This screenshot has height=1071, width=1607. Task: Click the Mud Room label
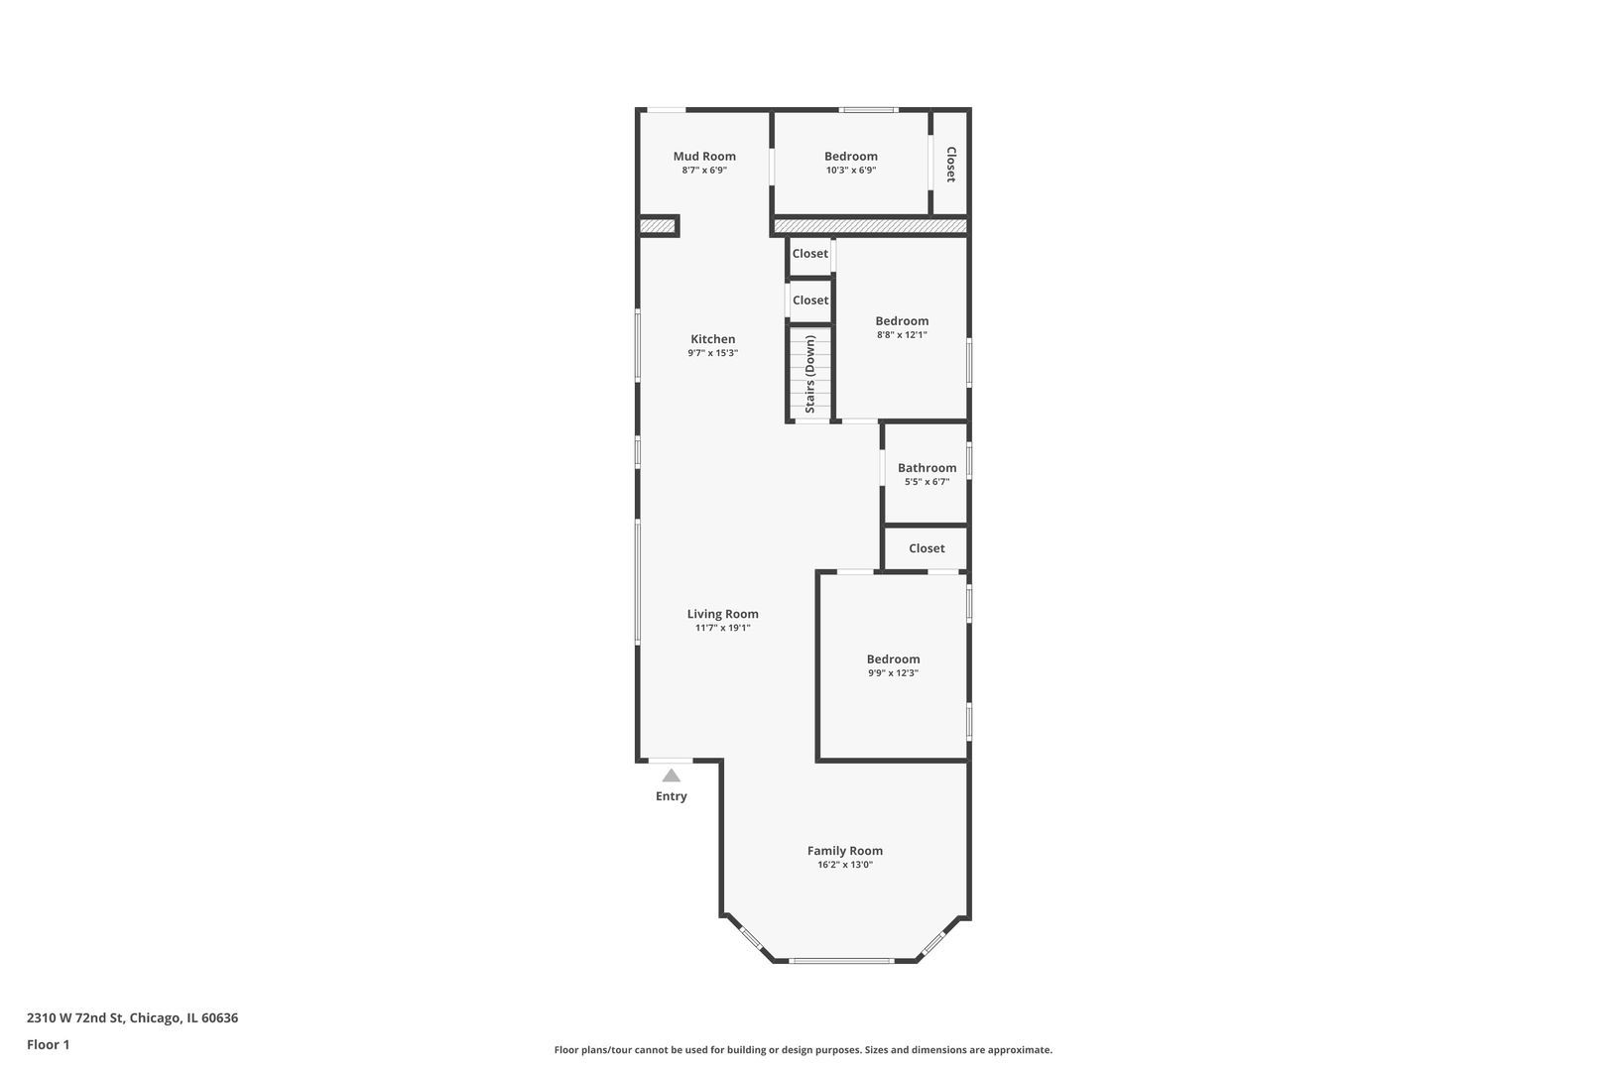(703, 156)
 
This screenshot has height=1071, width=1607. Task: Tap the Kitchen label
(712, 338)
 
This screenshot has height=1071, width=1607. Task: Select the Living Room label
(722, 614)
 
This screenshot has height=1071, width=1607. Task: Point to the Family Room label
(844, 851)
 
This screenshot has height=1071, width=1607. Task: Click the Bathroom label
(927, 468)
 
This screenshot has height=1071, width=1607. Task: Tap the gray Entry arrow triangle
(671, 775)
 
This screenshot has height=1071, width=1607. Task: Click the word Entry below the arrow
(671, 796)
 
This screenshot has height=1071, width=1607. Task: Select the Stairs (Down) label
(810, 374)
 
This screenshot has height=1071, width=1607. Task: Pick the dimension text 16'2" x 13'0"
(844, 865)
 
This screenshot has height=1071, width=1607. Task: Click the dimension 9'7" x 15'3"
(712, 353)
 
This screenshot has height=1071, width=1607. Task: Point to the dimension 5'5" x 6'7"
(927, 482)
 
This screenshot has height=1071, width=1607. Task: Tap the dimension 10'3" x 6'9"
(851, 170)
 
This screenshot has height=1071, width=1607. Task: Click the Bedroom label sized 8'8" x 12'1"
(902, 320)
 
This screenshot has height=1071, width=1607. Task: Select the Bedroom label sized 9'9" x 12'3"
(893, 659)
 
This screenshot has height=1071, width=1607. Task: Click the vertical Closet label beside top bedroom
(950, 165)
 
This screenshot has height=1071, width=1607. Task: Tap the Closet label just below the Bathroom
(927, 548)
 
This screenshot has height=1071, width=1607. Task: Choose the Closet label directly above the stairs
(810, 299)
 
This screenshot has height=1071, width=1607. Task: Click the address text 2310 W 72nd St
(76, 1017)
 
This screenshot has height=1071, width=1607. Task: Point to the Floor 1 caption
(48, 1045)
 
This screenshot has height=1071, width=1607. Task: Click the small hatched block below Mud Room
(658, 227)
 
